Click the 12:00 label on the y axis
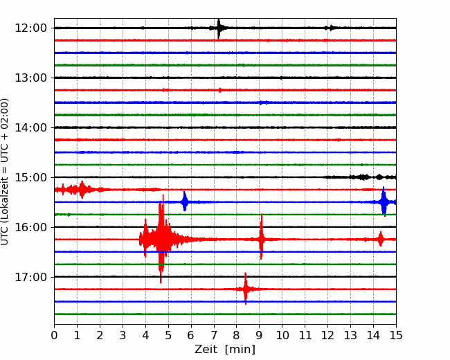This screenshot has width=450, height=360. [30, 28]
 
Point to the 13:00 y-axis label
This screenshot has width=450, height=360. [30, 78]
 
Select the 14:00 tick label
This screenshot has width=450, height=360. [30, 127]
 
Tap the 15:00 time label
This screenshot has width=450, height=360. [30, 177]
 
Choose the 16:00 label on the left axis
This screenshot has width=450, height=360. [30, 227]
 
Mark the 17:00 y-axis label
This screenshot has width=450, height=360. [30, 277]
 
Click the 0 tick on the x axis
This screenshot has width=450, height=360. [54, 335]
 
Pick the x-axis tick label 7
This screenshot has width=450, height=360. [214, 335]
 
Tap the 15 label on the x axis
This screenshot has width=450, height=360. [396, 335]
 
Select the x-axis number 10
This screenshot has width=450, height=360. [282, 335]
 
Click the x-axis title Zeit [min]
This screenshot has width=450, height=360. [225, 349]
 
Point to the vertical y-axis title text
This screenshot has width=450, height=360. [5, 172]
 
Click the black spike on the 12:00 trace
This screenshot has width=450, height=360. [219, 28]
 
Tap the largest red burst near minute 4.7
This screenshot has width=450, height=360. [161, 239]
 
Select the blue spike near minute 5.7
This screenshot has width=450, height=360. [185, 201]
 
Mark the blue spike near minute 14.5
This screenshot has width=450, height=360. [384, 201]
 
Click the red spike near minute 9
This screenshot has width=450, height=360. [261, 238]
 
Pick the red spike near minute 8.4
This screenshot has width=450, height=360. [245, 289]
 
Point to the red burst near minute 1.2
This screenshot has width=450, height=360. [82, 190]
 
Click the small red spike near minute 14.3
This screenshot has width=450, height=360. [381, 239]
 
